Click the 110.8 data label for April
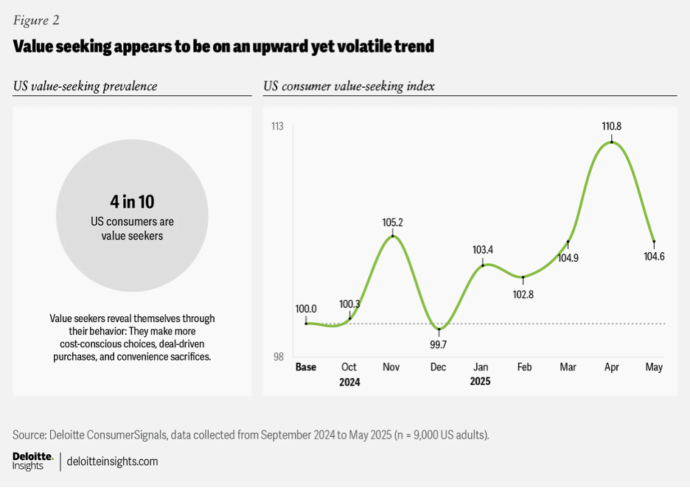click(x=612, y=127)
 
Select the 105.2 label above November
click(x=393, y=222)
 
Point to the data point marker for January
click(x=482, y=265)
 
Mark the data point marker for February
click(x=523, y=278)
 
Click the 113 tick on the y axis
click(x=277, y=127)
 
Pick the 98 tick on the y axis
click(x=278, y=358)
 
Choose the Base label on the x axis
click(x=305, y=367)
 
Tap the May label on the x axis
click(x=654, y=367)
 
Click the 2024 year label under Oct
click(x=349, y=383)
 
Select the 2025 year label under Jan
click(x=480, y=383)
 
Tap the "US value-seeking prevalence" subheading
click(x=85, y=86)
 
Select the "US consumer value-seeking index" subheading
click(x=349, y=86)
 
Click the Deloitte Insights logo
click(x=32, y=461)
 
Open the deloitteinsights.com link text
click(x=112, y=461)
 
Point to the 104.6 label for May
click(x=654, y=257)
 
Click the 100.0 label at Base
click(x=306, y=309)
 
